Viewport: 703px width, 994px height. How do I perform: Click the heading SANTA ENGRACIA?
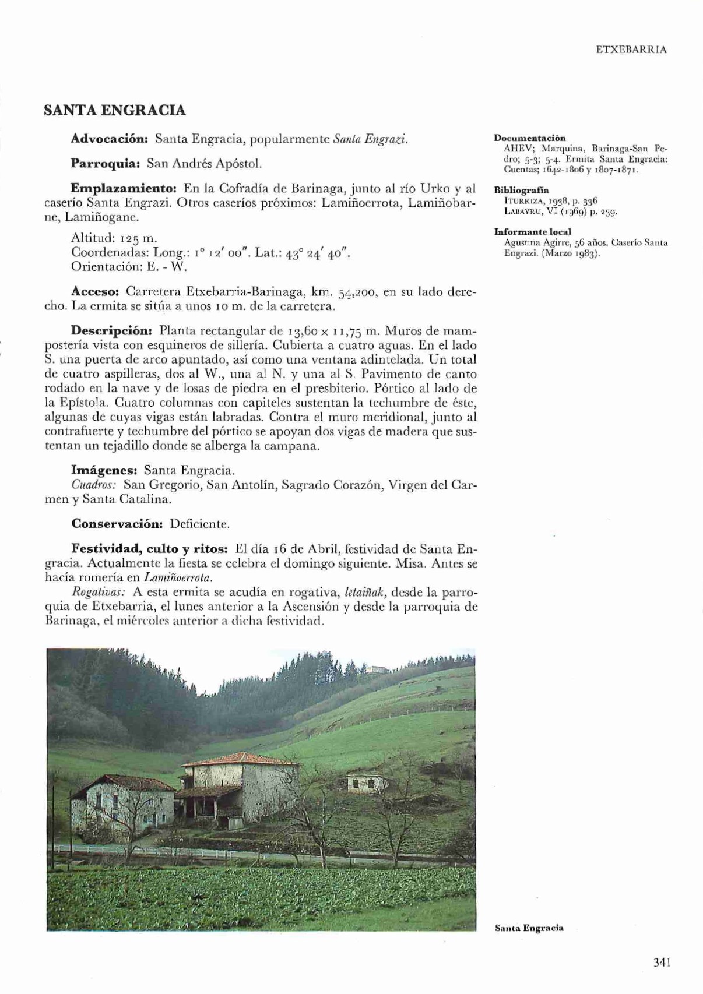point(115,110)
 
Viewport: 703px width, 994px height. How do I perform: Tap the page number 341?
point(662,962)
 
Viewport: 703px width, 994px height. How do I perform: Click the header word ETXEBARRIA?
point(631,50)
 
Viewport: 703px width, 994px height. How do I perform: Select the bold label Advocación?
point(111,139)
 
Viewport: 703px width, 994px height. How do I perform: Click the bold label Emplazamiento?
point(124,188)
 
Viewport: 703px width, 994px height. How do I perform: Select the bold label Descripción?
point(111,331)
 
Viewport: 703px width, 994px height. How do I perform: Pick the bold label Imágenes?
point(104,470)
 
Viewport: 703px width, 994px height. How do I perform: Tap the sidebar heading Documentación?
point(529,138)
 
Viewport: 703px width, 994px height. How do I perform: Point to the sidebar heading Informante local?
point(532,231)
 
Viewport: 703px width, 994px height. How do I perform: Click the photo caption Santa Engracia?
point(529,928)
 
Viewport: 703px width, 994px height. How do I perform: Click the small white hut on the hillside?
point(364,781)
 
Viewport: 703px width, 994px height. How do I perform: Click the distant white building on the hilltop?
point(377,668)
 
